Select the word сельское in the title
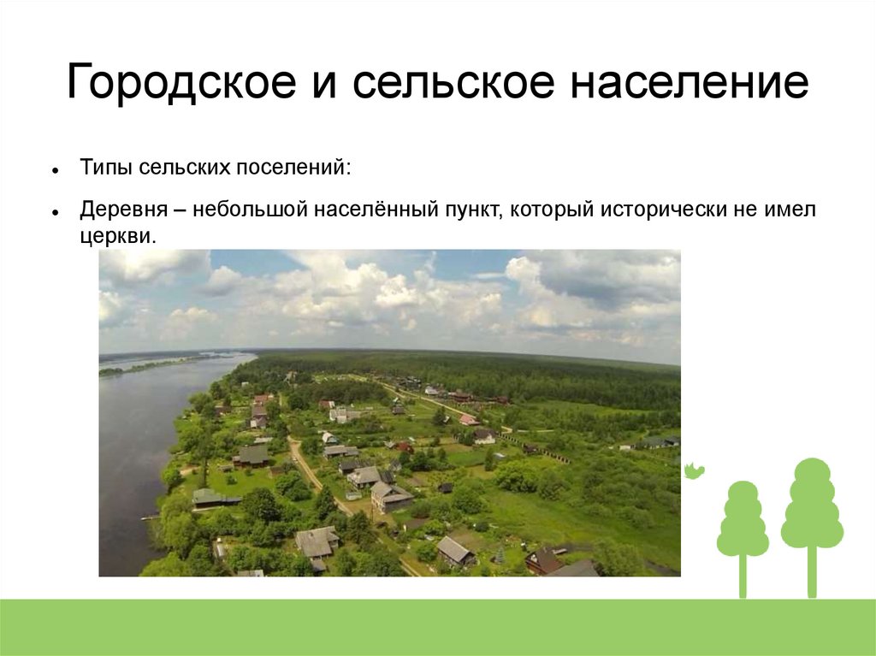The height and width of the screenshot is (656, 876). (453, 82)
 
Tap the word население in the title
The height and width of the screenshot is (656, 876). (690, 82)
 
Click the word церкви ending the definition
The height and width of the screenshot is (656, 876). (117, 237)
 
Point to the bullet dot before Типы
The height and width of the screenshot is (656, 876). (55, 170)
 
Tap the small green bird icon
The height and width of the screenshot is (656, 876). (694, 471)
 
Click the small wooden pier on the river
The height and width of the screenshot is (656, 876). (150, 518)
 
